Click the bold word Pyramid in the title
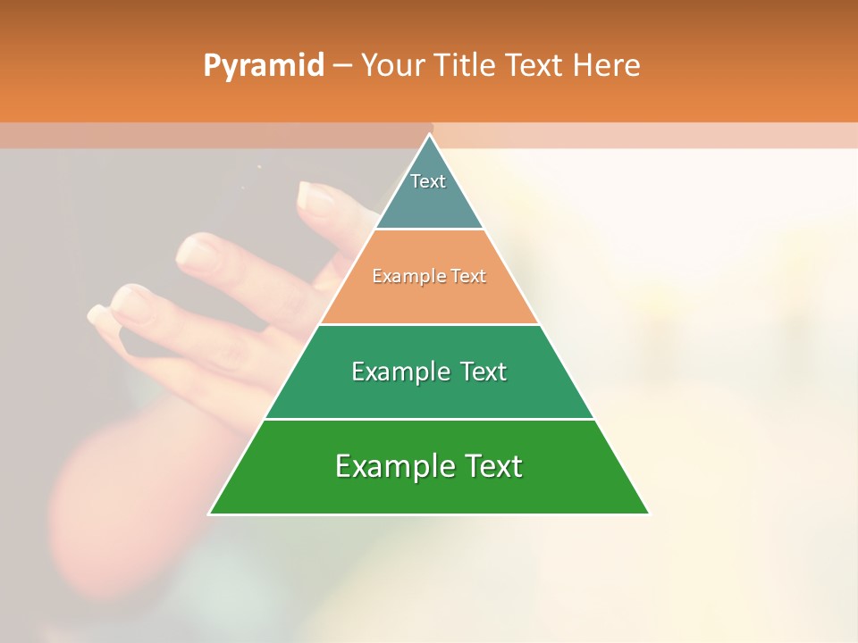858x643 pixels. click(263, 66)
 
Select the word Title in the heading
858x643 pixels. click(466, 65)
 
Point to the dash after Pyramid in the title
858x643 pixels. click(342, 66)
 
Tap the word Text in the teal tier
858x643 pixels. click(428, 181)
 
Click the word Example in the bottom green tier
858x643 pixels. click(390, 466)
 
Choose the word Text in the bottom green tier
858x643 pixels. click(492, 466)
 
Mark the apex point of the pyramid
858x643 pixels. click(430, 135)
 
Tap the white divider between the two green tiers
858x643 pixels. click(429, 419)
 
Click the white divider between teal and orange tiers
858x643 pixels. click(429, 229)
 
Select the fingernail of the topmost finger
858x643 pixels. click(315, 196)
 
